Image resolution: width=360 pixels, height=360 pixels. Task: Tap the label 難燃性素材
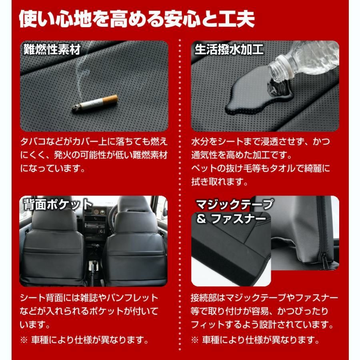click(52, 50)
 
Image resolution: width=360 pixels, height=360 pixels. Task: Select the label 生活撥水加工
click(229, 50)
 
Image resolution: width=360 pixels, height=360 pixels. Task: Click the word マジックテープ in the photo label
click(234, 205)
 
